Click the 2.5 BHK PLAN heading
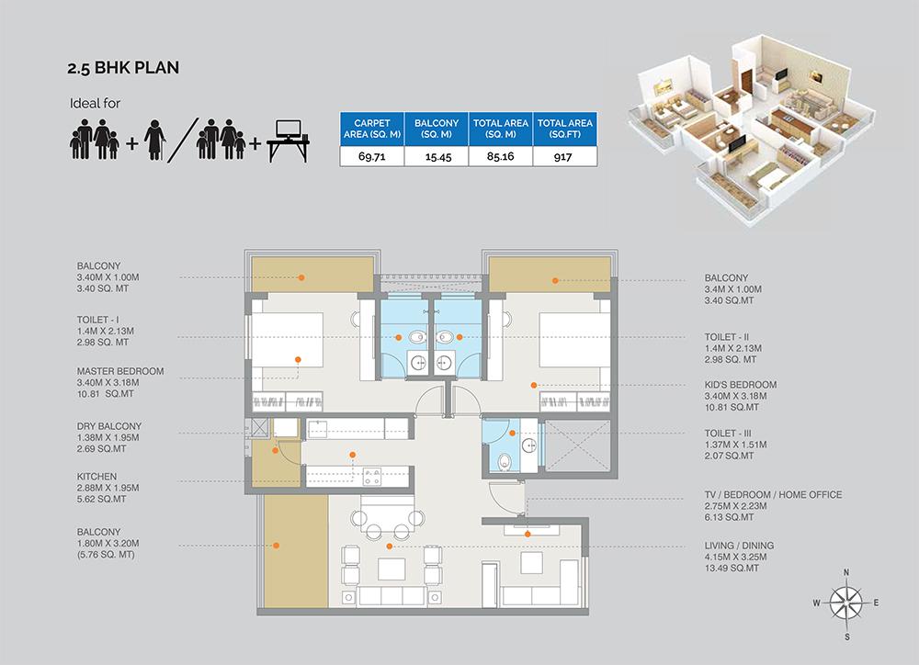click(x=123, y=68)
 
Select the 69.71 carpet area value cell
click(x=372, y=156)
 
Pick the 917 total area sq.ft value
click(x=565, y=156)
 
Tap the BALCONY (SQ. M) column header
click(x=437, y=129)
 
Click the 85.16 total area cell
click(x=501, y=156)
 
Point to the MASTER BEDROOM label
click(x=120, y=371)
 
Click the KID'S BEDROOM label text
click(x=740, y=384)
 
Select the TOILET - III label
click(x=727, y=433)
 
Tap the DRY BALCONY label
click(x=109, y=426)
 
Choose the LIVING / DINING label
click(x=739, y=546)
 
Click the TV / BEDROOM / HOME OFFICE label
click(x=773, y=494)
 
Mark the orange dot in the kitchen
click(x=352, y=455)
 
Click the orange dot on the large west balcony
click(x=276, y=546)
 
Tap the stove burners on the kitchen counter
click(x=372, y=476)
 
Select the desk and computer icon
click(x=288, y=141)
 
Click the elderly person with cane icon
click(x=155, y=140)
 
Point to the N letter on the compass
click(x=846, y=572)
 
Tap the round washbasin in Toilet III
click(x=529, y=445)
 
